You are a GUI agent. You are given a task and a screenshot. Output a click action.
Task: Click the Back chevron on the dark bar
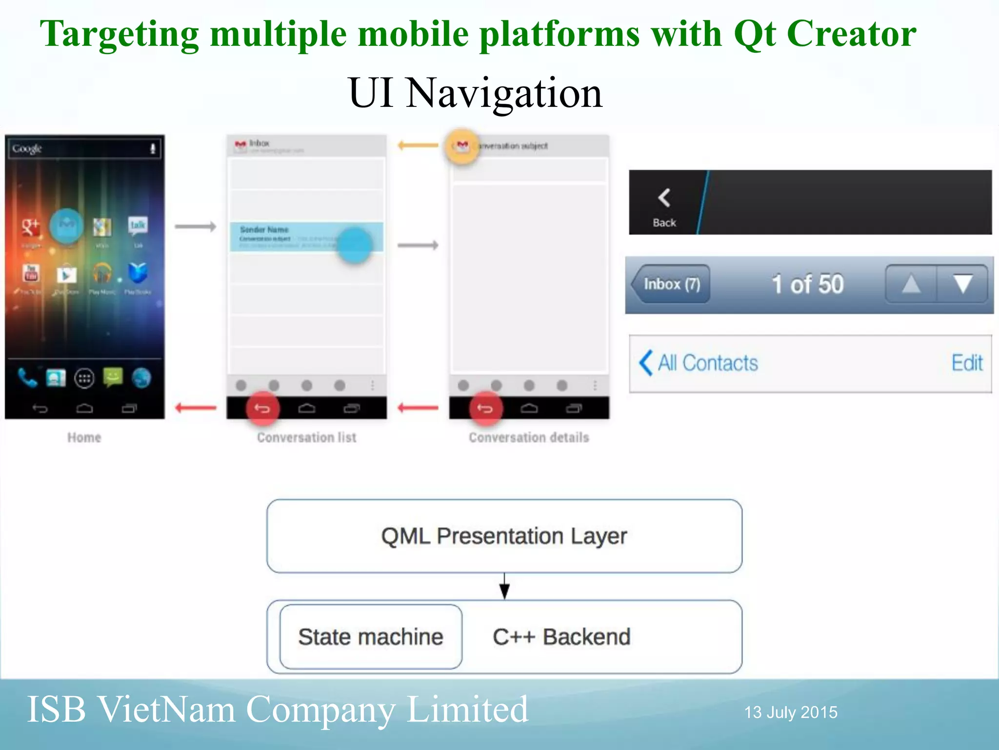(664, 198)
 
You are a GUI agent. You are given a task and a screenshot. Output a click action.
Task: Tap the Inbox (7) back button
(671, 284)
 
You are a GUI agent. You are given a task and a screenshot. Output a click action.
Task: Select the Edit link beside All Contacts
(967, 363)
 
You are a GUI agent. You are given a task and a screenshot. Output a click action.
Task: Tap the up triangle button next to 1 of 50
(911, 284)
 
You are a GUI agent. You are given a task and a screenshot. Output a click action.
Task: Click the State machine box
(371, 637)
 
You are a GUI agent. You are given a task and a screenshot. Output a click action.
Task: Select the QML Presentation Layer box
(504, 536)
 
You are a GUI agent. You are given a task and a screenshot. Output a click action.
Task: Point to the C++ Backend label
(561, 637)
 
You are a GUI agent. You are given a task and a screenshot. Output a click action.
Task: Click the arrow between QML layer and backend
(504, 586)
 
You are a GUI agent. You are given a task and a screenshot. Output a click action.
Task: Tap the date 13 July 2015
(791, 712)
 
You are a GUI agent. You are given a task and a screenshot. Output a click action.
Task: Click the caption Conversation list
(306, 437)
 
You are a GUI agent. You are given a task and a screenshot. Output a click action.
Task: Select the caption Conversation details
(529, 437)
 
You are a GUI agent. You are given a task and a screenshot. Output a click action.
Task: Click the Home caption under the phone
(84, 437)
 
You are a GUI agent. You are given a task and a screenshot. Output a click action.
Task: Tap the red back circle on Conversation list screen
(262, 408)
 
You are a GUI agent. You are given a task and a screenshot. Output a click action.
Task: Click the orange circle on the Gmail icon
(461, 146)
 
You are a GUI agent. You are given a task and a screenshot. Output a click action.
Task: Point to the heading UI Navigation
(475, 93)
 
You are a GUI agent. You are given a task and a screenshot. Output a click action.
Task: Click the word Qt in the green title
(754, 34)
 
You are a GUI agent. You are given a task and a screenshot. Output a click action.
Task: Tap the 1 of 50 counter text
(807, 284)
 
